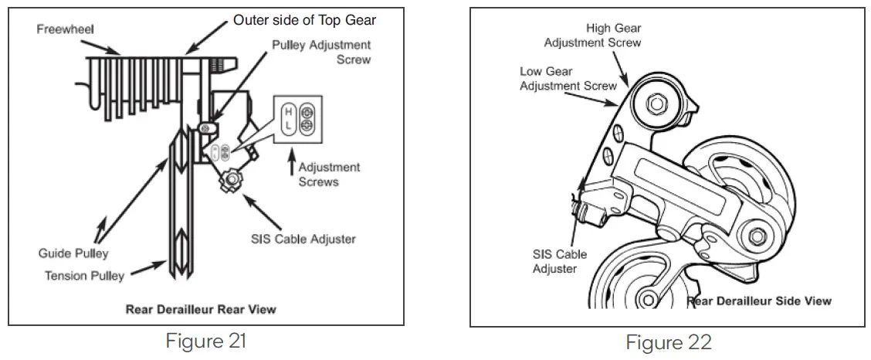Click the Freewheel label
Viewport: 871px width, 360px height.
pos(65,29)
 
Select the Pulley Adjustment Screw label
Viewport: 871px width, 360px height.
pos(321,52)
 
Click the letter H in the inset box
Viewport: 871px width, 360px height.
pos(287,111)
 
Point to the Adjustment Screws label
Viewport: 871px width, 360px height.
pos(329,174)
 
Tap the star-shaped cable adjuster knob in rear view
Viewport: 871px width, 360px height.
pos(230,181)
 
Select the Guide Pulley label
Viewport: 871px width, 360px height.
pos(73,253)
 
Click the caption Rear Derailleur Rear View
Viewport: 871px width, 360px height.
pos(201,310)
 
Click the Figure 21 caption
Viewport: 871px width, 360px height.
pos(206,340)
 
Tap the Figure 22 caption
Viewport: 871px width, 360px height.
pos(668,341)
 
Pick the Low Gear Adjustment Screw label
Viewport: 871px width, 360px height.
pos(568,78)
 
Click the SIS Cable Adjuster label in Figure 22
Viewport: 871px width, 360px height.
pos(559,261)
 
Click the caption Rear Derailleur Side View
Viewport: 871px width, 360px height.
pos(760,301)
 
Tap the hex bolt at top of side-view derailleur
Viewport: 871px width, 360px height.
pos(657,102)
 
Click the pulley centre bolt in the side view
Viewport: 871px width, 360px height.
pos(756,234)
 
